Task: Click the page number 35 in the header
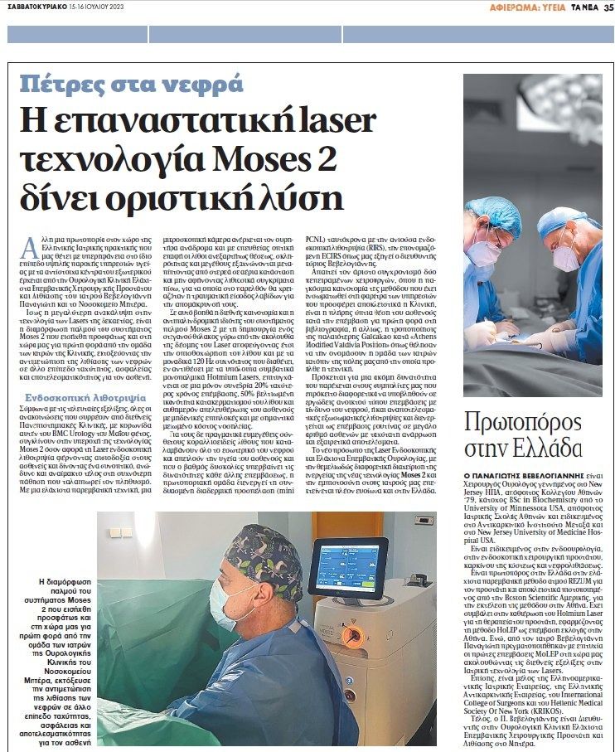coord(607,7)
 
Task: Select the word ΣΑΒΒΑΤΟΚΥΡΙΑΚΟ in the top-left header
coord(34,7)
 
